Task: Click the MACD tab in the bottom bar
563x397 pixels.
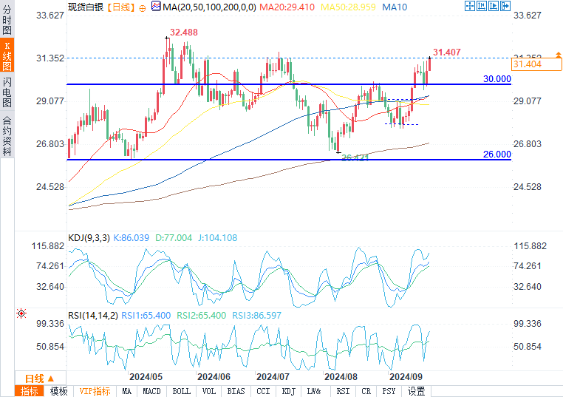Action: [x=151, y=391]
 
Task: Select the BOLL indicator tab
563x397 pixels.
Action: [x=181, y=391]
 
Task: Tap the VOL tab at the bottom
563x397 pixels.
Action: [x=209, y=391]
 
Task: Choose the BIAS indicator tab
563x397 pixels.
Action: [x=236, y=391]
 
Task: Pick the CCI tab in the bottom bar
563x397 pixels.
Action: [x=263, y=391]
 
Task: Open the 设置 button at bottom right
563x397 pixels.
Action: [x=417, y=391]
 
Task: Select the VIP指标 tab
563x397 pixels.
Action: [x=95, y=391]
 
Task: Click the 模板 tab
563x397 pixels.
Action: [x=58, y=391]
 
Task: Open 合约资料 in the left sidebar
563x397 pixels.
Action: [x=7, y=136]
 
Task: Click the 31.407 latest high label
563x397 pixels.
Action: [x=447, y=52]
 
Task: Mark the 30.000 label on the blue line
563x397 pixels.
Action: [x=497, y=78]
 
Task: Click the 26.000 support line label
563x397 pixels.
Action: [x=497, y=154]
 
